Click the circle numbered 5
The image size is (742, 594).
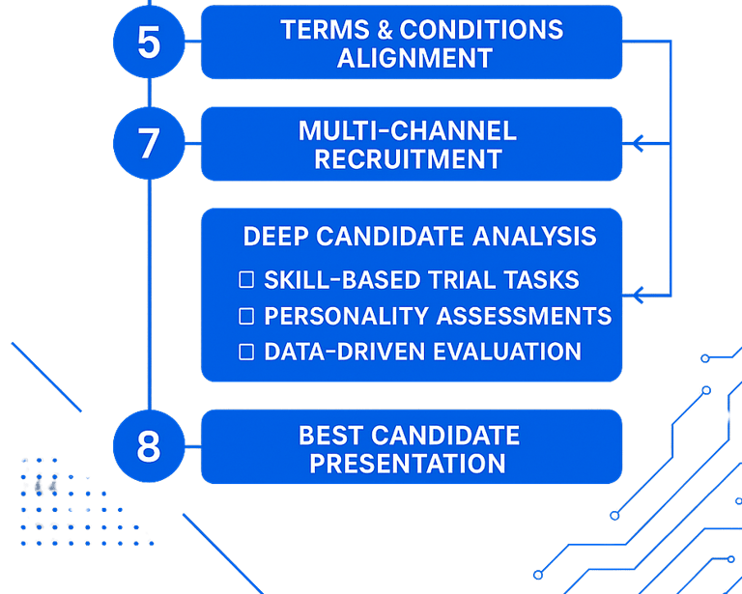coord(149,42)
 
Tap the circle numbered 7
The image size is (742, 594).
coord(149,143)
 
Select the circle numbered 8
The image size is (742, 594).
coord(149,446)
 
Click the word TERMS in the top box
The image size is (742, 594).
coord(325,30)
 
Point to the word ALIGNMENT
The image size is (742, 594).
coord(414,58)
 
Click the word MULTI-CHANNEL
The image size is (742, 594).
coord(408,130)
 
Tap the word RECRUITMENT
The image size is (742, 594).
coord(408,159)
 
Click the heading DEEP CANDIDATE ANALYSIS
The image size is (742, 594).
coord(419,236)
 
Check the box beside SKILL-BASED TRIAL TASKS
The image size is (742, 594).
coord(246,279)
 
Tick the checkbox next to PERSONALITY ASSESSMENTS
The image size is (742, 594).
coord(246,316)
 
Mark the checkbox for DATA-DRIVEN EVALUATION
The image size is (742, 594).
coord(246,352)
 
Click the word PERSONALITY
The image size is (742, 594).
coord(347,316)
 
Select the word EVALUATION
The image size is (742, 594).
coord(507,352)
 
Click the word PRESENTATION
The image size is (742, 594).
coord(408,464)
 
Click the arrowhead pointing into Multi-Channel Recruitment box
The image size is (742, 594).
coord(638,143)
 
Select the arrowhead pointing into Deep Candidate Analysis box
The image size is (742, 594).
coord(638,296)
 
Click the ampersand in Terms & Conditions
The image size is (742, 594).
coord(385,30)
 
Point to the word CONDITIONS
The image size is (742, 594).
coord(482,30)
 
